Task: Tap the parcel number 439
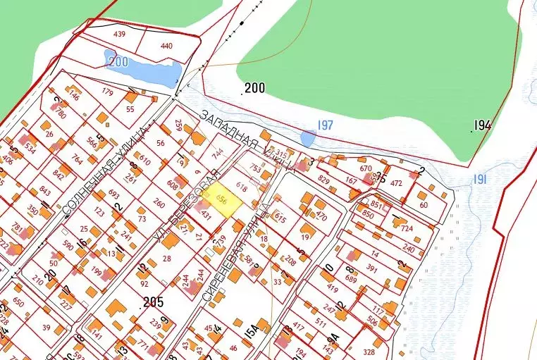click(x=119, y=34)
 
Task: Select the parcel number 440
click(x=166, y=46)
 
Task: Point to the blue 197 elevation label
click(x=325, y=125)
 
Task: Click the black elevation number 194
click(x=482, y=125)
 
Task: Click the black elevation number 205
click(x=153, y=302)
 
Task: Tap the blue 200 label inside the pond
click(x=118, y=62)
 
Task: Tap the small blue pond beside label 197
click(x=307, y=137)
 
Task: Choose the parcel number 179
click(x=107, y=92)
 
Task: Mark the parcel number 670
click(x=365, y=168)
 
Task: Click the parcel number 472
click(x=396, y=183)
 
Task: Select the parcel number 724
click(x=406, y=228)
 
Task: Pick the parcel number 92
click(x=144, y=285)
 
